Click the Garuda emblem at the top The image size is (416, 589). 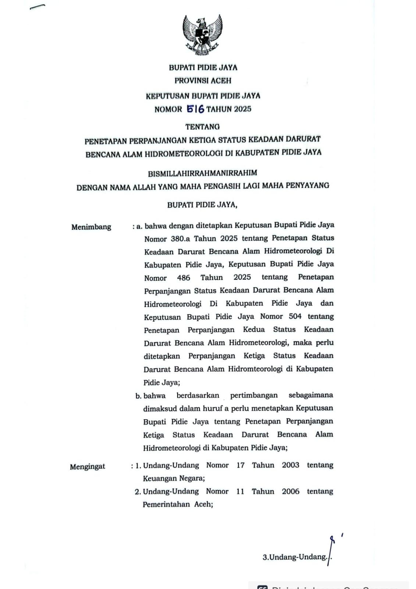click(203, 35)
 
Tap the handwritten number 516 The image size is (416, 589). click(195, 109)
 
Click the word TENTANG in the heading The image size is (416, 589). click(203, 127)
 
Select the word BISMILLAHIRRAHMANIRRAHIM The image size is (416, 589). click(203, 173)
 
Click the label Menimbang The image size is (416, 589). click(91, 227)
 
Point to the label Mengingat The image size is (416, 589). click(88, 466)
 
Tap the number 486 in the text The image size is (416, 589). click(184, 278)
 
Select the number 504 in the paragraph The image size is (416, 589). click(295, 316)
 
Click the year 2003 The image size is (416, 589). click(291, 465)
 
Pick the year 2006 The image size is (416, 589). click(291, 491)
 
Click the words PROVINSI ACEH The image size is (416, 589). click(203, 80)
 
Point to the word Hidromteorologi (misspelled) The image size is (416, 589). click(255, 369)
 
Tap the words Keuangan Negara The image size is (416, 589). click(174, 478)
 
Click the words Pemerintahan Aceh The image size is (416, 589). click(178, 504)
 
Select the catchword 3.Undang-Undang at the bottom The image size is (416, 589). click(295, 557)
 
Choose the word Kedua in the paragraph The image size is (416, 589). click(254, 329)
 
